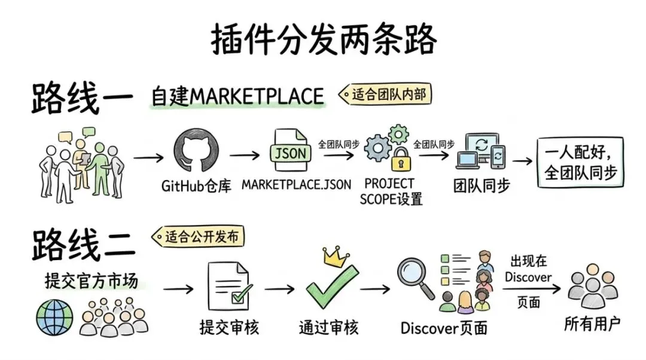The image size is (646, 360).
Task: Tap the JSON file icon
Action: pyautogui.click(x=291, y=150)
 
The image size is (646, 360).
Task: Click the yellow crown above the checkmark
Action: pyautogui.click(x=336, y=256)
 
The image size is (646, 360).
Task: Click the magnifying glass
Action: pyautogui.click(x=415, y=277)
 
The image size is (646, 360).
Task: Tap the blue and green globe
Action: pyautogui.click(x=54, y=318)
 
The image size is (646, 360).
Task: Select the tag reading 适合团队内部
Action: pyautogui.click(x=385, y=94)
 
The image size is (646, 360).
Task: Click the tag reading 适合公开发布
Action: pyautogui.click(x=198, y=236)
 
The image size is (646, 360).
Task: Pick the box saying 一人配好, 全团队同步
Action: pyautogui.click(x=580, y=162)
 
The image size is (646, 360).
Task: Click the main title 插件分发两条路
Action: pyautogui.click(x=324, y=39)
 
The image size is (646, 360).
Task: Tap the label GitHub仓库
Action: pyautogui.click(x=196, y=186)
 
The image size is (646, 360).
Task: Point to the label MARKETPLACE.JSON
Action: pyautogui.click(x=296, y=185)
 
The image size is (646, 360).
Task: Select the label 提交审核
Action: pyautogui.click(x=230, y=328)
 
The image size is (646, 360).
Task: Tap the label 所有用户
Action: pyautogui.click(x=592, y=324)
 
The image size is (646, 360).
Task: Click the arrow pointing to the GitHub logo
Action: pyautogui.click(x=148, y=157)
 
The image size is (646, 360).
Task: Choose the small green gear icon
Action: pyautogui.click(x=398, y=134)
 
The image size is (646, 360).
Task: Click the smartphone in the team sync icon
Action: pyautogui.click(x=498, y=157)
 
